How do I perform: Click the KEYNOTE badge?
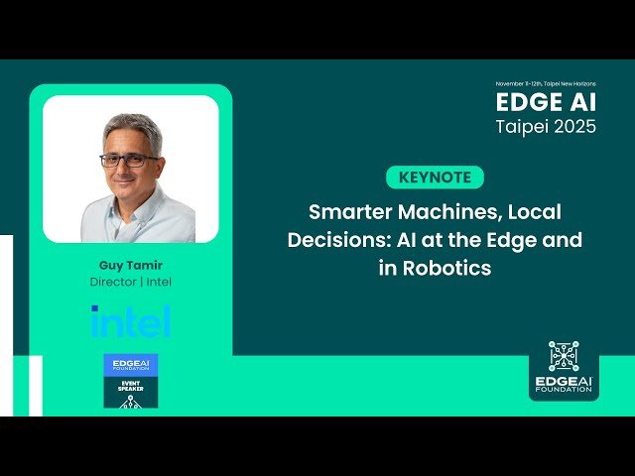(x=435, y=178)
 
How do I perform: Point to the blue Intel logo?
(x=130, y=320)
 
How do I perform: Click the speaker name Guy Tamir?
(x=130, y=266)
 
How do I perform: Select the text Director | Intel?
(x=130, y=282)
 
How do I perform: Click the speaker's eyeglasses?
(x=129, y=160)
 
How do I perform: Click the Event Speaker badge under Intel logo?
(x=130, y=380)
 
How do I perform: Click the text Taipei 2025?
(x=547, y=127)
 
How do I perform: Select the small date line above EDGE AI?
(x=547, y=84)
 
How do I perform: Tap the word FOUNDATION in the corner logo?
(x=563, y=390)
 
